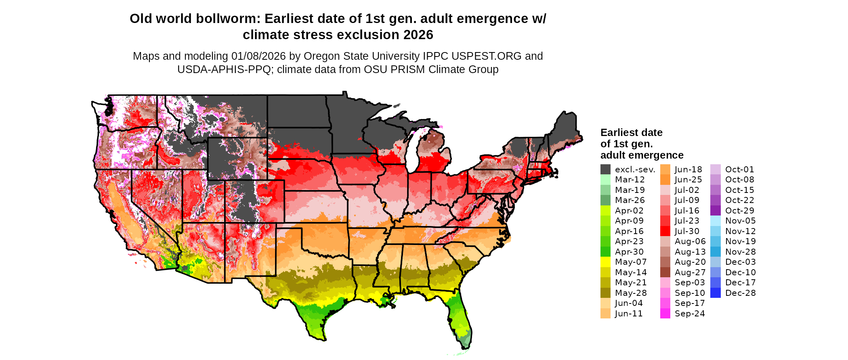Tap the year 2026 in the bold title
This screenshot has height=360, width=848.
(418, 35)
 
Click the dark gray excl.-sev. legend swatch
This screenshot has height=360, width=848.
(605, 170)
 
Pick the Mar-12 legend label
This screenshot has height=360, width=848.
(630, 180)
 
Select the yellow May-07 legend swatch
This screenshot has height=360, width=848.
(605, 262)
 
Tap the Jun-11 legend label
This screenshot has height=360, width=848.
(629, 314)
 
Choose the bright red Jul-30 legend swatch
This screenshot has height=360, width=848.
(665, 231)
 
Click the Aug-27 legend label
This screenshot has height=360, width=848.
(690, 272)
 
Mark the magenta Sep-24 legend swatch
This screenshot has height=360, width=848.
(665, 314)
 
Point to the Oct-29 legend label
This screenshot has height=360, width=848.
(739, 211)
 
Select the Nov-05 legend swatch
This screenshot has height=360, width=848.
(715, 221)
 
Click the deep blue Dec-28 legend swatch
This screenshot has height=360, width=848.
(715, 293)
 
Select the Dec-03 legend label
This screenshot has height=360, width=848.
(740, 262)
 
